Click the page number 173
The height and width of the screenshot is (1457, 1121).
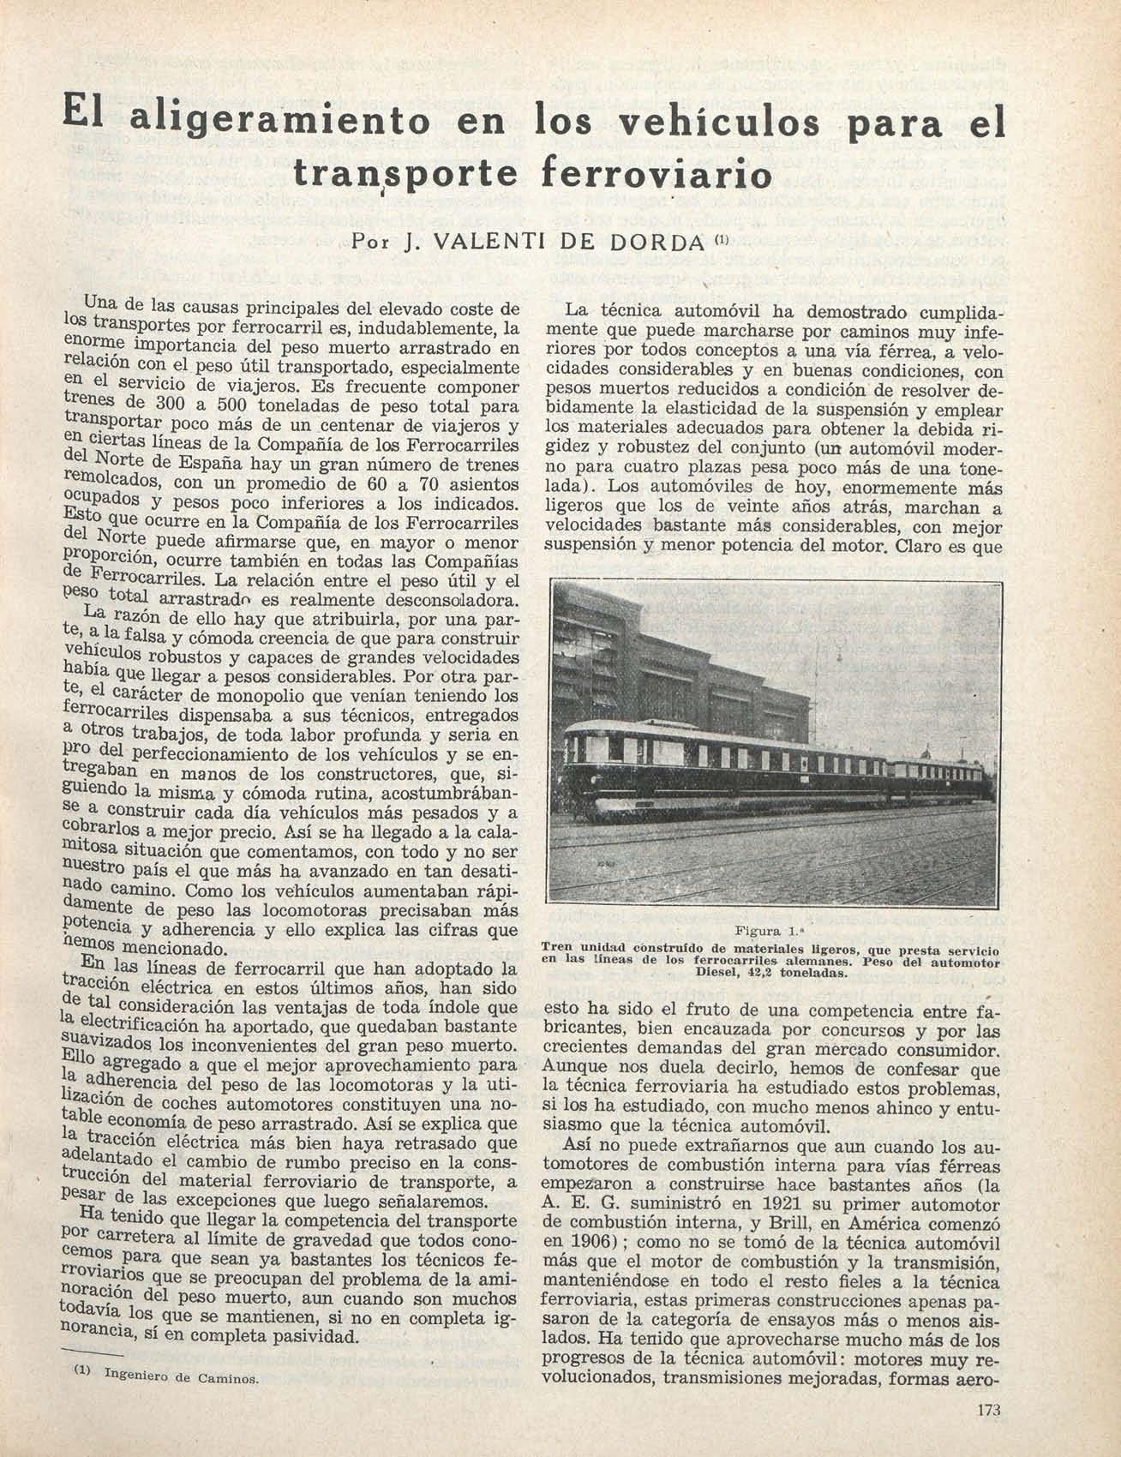click(x=988, y=1410)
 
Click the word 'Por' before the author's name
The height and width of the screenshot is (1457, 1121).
click(x=368, y=242)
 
